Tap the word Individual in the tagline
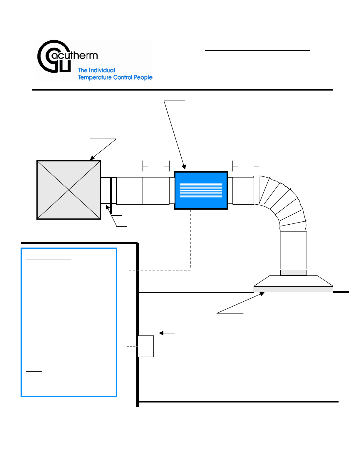(102, 70)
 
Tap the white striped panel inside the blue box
(201, 190)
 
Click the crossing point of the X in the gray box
(68, 190)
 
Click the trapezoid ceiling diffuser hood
(293, 283)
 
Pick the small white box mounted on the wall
(145, 346)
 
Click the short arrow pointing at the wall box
(167, 333)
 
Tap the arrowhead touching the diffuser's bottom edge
(262, 294)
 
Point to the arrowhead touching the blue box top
(184, 167)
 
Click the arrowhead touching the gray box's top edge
(92, 158)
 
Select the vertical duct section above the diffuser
(293, 250)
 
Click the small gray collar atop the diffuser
(293, 273)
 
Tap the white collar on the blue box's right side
(230, 191)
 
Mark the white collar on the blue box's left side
(172, 191)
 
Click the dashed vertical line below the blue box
(190, 240)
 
